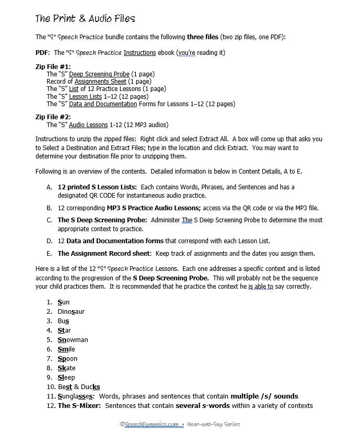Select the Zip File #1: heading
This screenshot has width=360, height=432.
(53, 67)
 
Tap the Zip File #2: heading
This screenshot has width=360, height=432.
(53, 117)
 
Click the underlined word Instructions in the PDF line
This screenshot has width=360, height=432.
(140, 53)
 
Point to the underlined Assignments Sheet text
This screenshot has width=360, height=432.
(100, 82)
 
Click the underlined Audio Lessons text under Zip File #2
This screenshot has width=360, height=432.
(88, 125)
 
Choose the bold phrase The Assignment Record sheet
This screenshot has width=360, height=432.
(104, 254)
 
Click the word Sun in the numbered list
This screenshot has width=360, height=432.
(63, 302)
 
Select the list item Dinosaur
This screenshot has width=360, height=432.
(71, 312)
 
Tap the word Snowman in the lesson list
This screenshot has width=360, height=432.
(73, 340)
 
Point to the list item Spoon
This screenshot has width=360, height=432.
(67, 359)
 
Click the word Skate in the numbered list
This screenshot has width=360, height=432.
(66, 368)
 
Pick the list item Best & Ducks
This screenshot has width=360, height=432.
(79, 387)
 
